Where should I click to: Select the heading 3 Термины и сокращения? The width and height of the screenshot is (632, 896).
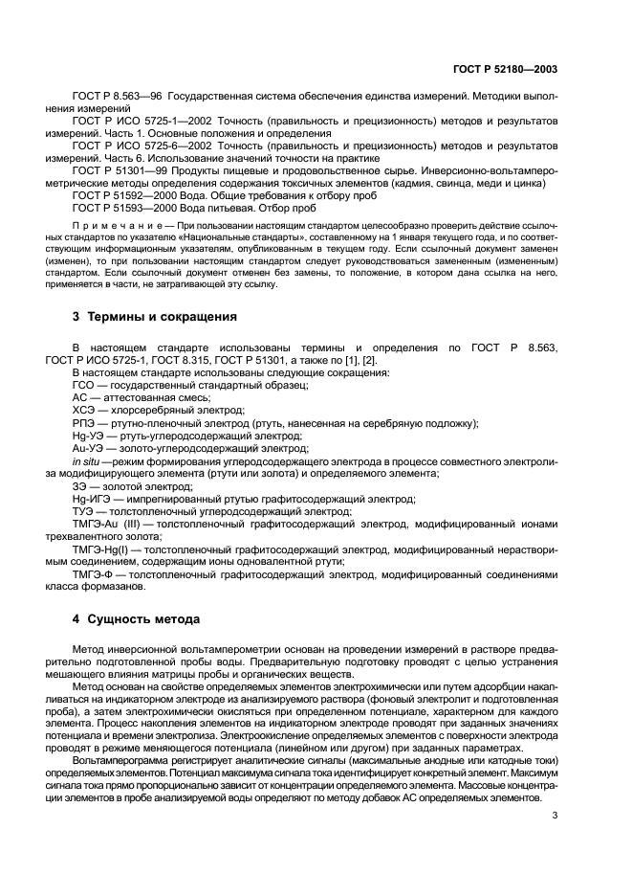pos(155,315)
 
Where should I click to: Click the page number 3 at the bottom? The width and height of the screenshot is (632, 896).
pos(556,816)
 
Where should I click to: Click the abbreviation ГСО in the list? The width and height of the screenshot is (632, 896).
pos(84,384)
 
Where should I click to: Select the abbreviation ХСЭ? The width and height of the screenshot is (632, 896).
pos(84,409)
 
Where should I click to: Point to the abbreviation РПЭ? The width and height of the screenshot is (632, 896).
pos(84,421)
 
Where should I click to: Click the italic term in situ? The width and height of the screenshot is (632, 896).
pos(87,459)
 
